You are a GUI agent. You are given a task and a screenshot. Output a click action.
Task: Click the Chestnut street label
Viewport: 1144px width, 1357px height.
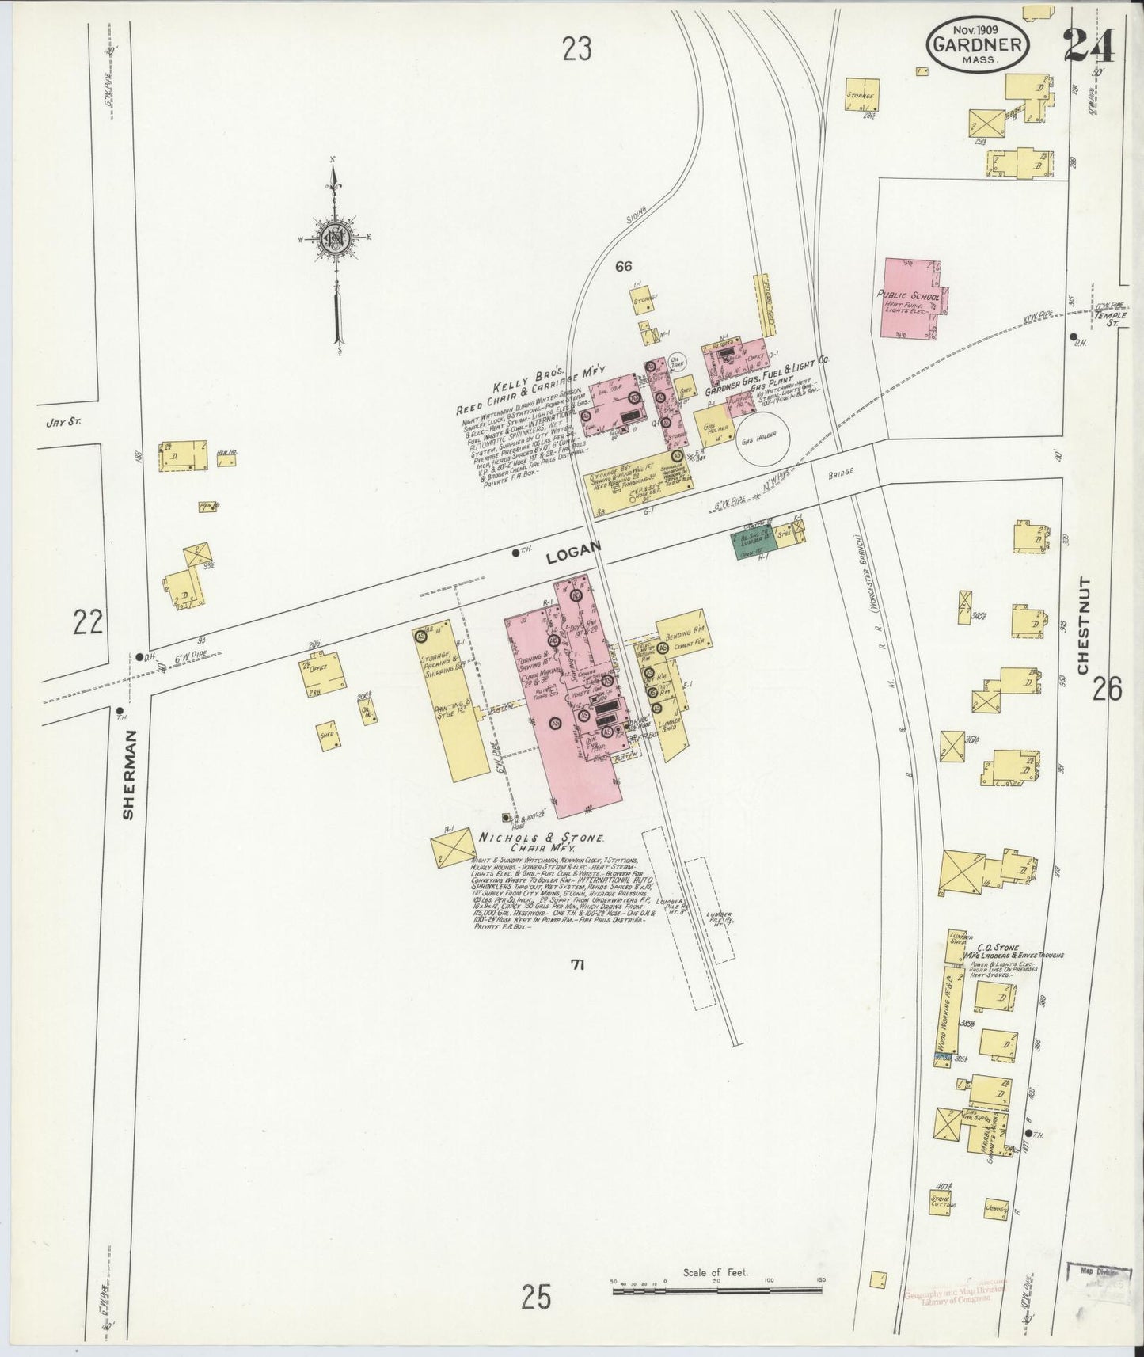[x=1084, y=626]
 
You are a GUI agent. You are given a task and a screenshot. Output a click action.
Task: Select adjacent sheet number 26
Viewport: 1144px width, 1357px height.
[x=1106, y=690]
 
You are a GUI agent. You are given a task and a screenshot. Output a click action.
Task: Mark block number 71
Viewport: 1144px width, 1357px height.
[x=577, y=964]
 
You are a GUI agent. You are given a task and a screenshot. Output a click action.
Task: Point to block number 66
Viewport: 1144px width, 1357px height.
[x=626, y=266]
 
